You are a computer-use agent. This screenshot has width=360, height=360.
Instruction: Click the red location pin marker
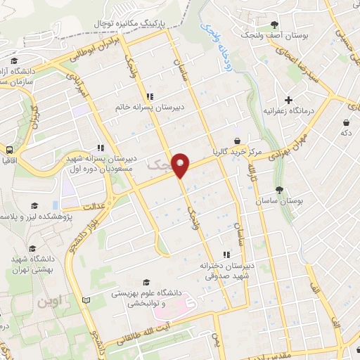point(181,165)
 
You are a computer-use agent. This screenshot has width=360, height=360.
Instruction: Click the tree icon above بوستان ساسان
point(280,189)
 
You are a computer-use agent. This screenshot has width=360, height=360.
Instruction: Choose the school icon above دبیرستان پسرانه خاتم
point(149,96)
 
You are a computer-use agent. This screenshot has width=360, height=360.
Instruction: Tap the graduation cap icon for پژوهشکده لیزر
point(32,205)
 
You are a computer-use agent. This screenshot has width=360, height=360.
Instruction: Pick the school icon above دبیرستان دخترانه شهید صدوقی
point(226,255)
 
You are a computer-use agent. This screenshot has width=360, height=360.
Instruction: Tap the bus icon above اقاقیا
point(9,150)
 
